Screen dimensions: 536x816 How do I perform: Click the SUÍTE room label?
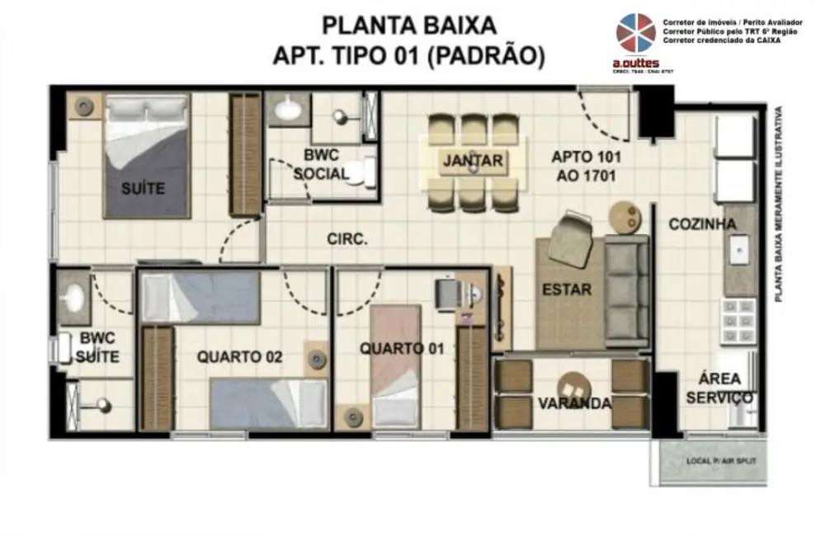(x=143, y=189)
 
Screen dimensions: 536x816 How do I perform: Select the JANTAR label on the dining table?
(x=472, y=161)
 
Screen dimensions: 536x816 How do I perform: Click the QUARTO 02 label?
(x=239, y=357)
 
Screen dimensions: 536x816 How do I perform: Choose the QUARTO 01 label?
(x=402, y=349)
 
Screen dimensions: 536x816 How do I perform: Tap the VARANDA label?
(x=574, y=403)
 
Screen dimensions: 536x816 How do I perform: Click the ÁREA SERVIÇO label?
(x=719, y=388)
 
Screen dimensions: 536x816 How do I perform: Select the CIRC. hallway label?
(x=347, y=240)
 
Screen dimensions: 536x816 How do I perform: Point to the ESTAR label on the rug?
(x=567, y=289)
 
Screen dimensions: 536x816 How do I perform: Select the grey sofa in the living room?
(x=628, y=289)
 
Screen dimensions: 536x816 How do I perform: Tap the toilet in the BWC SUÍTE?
(x=63, y=350)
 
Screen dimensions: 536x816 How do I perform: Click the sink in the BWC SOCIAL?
(x=288, y=108)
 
